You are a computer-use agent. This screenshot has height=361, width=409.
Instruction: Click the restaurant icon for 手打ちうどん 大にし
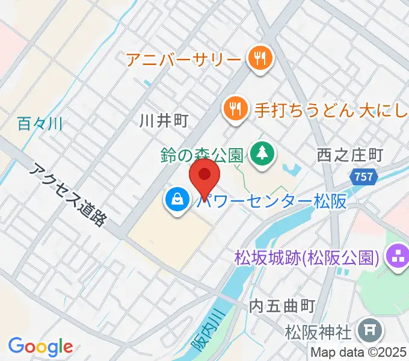(x=235, y=109)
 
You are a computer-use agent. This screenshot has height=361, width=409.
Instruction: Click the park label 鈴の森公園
(x=201, y=155)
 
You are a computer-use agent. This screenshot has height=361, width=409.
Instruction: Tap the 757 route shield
(x=363, y=177)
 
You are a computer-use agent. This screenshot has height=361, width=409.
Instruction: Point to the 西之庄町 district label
(x=349, y=155)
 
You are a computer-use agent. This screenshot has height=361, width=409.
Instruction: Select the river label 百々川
(x=41, y=125)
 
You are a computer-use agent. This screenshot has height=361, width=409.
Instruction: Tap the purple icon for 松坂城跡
(x=396, y=258)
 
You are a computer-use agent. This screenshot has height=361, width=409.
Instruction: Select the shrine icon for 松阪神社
(x=365, y=331)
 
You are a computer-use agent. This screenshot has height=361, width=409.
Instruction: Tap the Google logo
(x=40, y=347)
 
